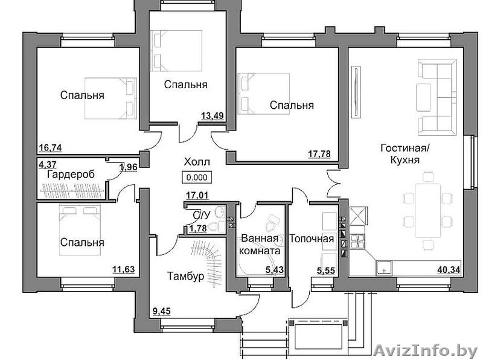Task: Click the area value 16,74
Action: click(51, 148)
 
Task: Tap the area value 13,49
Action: click(213, 116)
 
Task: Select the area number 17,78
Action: click(319, 154)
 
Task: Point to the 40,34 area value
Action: click(449, 270)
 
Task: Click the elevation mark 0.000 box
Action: click(197, 178)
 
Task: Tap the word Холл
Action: click(197, 162)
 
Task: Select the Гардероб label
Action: click(71, 175)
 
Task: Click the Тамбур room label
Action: click(185, 276)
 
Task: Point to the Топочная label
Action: click(312, 239)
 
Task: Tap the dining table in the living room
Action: click(428, 211)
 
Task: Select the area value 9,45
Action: click(161, 312)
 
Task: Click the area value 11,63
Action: click(124, 269)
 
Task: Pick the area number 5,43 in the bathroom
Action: click(275, 270)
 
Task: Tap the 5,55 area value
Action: click(326, 271)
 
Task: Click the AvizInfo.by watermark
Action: click(426, 351)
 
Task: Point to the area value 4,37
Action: click(48, 163)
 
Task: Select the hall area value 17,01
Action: click(197, 195)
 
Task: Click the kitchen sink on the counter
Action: click(384, 268)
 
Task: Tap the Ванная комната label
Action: click(260, 245)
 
